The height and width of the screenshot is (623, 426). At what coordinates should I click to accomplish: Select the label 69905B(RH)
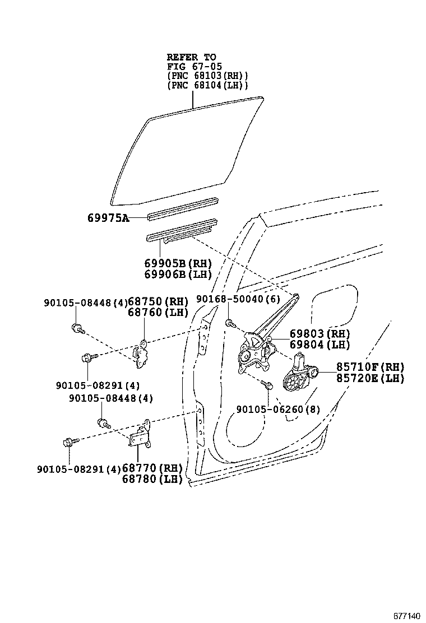(x=177, y=263)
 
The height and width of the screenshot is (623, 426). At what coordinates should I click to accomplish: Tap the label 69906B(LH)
(x=177, y=274)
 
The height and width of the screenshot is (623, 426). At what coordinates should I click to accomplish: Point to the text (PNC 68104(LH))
(x=207, y=85)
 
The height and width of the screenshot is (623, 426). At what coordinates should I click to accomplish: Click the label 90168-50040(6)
(x=238, y=300)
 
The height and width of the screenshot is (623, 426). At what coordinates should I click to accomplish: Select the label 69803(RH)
(x=319, y=334)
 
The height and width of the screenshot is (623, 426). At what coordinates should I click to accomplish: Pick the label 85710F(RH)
(x=370, y=367)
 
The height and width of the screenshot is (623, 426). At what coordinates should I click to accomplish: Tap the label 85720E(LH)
(x=370, y=378)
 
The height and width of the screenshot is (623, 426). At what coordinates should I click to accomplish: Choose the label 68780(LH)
(x=152, y=479)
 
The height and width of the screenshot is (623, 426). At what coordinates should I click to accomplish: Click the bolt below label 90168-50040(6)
(x=230, y=323)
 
